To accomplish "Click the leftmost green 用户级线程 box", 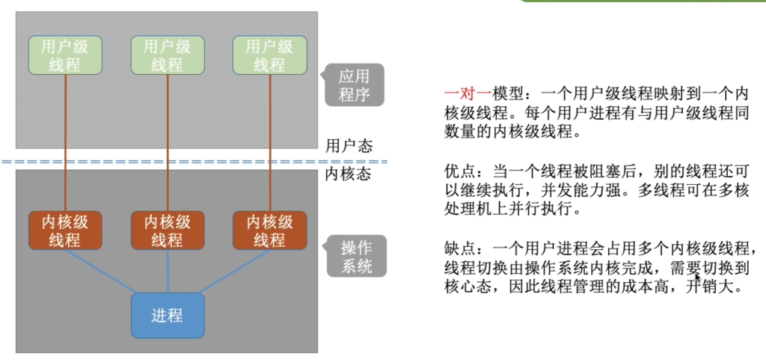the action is click(x=65, y=55).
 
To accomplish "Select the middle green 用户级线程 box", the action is click(x=168, y=55).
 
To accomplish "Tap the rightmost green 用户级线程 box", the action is click(x=269, y=55).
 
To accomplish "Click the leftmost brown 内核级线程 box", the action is click(x=65, y=230).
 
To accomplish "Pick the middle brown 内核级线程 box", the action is click(x=168, y=230).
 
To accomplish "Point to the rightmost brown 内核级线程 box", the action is click(x=269, y=230).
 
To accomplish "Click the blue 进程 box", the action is click(x=168, y=316).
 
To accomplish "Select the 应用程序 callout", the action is click(x=354, y=85).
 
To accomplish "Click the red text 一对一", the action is click(x=468, y=94).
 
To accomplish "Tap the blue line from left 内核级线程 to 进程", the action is click(x=100, y=271).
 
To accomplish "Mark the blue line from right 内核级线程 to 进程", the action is click(x=234, y=271).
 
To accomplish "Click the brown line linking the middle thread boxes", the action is click(x=168, y=143).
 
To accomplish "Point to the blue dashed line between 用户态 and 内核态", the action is click(x=194, y=161).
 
